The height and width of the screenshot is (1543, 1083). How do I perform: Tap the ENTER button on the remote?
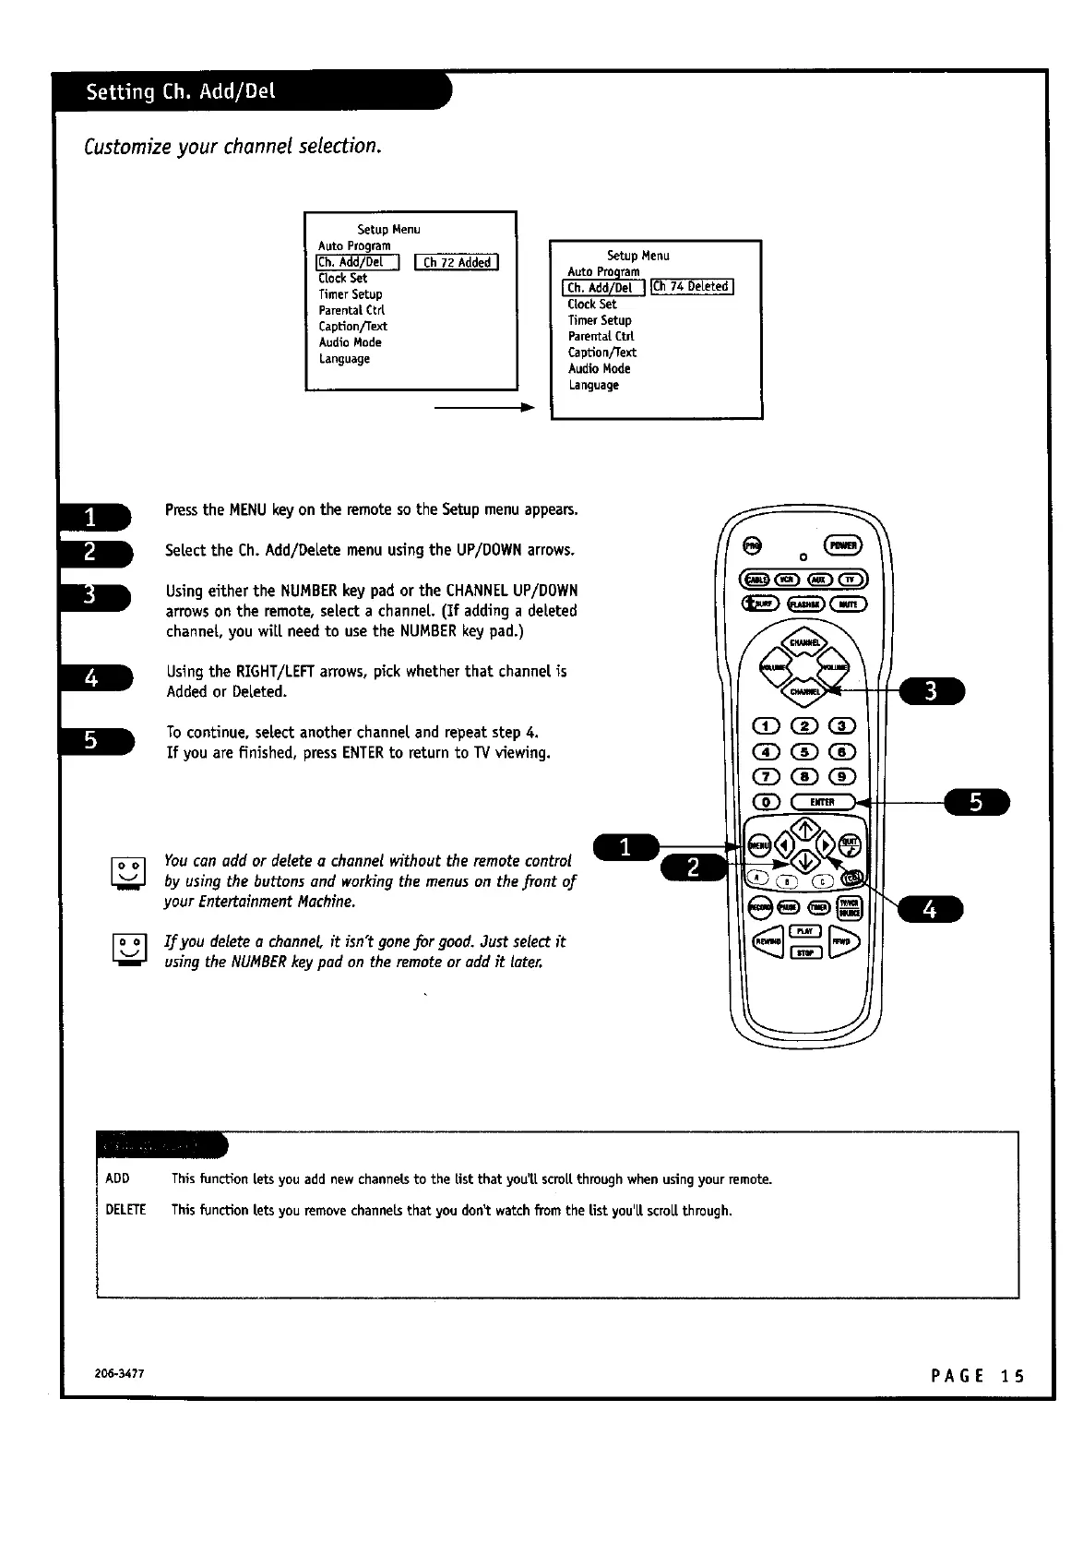(x=823, y=802)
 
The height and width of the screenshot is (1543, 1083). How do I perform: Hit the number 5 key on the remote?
(x=804, y=751)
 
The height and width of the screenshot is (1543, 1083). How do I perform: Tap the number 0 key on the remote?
(x=768, y=802)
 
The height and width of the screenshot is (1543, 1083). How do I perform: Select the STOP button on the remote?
(x=804, y=951)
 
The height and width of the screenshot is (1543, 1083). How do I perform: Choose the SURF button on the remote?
(x=762, y=604)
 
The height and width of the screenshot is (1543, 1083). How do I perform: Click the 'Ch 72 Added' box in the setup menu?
(x=457, y=262)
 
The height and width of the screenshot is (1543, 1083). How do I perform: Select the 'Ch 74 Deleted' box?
(x=692, y=286)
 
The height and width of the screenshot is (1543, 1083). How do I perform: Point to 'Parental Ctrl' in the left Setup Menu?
(x=351, y=310)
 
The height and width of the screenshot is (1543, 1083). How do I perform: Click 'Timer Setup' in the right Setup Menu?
(x=600, y=320)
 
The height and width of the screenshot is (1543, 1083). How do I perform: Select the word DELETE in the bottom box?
(x=126, y=1210)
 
